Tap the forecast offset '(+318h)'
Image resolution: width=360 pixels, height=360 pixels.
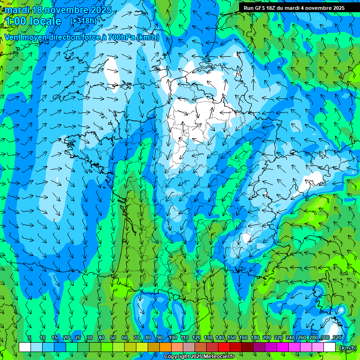pyautogui.click(x=83, y=21)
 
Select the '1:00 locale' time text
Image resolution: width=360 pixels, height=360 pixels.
pyautogui.click(x=33, y=21)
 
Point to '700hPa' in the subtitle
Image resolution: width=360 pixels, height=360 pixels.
pyautogui.click(x=121, y=37)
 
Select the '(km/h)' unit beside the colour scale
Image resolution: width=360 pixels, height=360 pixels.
pyautogui.click(x=347, y=348)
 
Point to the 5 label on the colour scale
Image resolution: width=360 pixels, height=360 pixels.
pyautogui.click(x=30, y=338)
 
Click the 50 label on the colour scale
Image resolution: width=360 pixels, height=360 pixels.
pyautogui.click(x=113, y=338)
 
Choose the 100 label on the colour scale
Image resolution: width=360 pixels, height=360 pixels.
pyautogui.click(x=173, y=338)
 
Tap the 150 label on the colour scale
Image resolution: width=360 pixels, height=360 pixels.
pyautogui.click(x=232, y=338)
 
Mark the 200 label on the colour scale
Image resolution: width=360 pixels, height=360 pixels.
pyautogui.click(x=267, y=338)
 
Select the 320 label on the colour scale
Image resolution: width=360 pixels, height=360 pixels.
pyautogui.click(x=337, y=338)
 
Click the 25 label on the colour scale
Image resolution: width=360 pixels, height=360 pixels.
pyautogui.click(x=77, y=338)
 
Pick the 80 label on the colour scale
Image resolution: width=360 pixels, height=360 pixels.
pyautogui.click(x=148, y=338)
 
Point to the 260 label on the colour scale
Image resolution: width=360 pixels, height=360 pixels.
pyautogui.click(x=302, y=338)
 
